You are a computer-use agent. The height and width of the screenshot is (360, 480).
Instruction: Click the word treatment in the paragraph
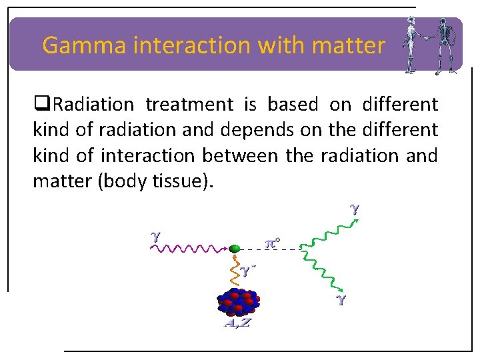click(189, 105)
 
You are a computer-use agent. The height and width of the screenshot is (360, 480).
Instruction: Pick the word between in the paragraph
click(241, 155)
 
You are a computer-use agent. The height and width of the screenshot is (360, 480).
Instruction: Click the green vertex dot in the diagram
click(234, 249)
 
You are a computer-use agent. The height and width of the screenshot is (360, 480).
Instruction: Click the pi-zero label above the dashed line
click(272, 242)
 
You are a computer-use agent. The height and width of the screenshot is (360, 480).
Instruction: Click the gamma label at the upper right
click(355, 209)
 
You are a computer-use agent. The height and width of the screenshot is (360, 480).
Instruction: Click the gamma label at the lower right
click(341, 299)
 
